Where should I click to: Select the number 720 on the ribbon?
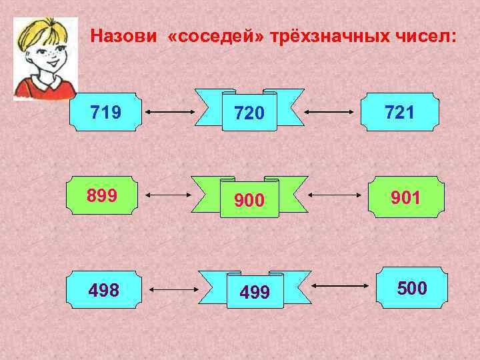click(249, 115)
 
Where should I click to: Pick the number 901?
click(406, 197)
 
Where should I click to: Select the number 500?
click(412, 288)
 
